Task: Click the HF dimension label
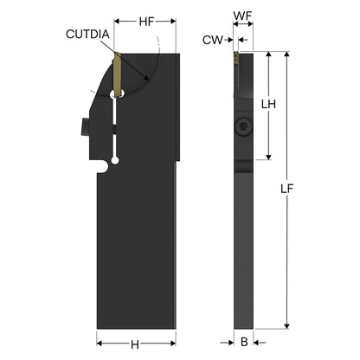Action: pyautogui.click(x=147, y=22)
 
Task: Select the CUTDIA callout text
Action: pyautogui.click(x=87, y=35)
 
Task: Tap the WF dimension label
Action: pyautogui.click(x=243, y=16)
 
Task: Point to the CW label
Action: pyautogui.click(x=213, y=40)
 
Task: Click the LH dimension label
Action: pyautogui.click(x=268, y=104)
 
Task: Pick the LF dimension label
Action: pyautogui.click(x=286, y=189)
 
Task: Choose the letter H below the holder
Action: pyautogui.click(x=135, y=344)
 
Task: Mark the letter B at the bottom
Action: pyautogui.click(x=244, y=342)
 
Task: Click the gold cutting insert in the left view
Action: pyautogui.click(x=117, y=75)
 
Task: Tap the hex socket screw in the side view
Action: pyautogui.click(x=243, y=127)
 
